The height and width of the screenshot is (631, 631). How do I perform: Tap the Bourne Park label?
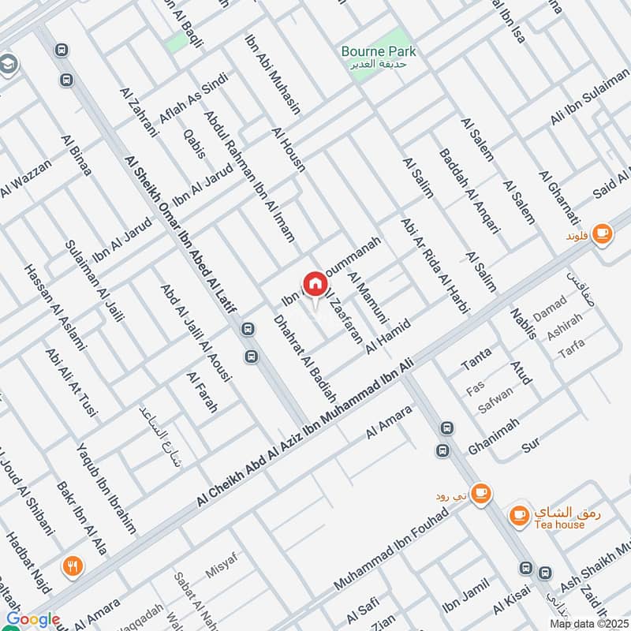tap(378, 52)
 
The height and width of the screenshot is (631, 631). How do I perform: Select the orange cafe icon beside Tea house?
tap(518, 514)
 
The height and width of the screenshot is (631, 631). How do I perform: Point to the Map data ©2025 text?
tap(588, 623)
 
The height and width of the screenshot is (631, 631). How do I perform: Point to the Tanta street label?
tap(475, 360)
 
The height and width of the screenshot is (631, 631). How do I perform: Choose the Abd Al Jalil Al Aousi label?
tap(196, 334)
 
